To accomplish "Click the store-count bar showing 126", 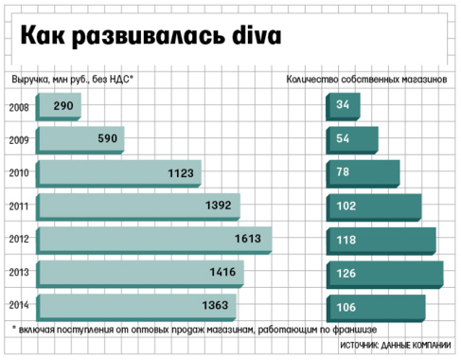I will (x=383, y=273).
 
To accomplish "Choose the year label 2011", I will (x=18, y=206).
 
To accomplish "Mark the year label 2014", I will (x=18, y=305).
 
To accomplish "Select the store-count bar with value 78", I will (x=363, y=172).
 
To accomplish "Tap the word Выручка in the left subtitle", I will (x=31, y=80).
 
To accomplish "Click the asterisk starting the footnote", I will (x=15, y=327).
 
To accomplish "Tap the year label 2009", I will (x=18, y=139).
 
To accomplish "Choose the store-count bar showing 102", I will (x=374, y=206).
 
